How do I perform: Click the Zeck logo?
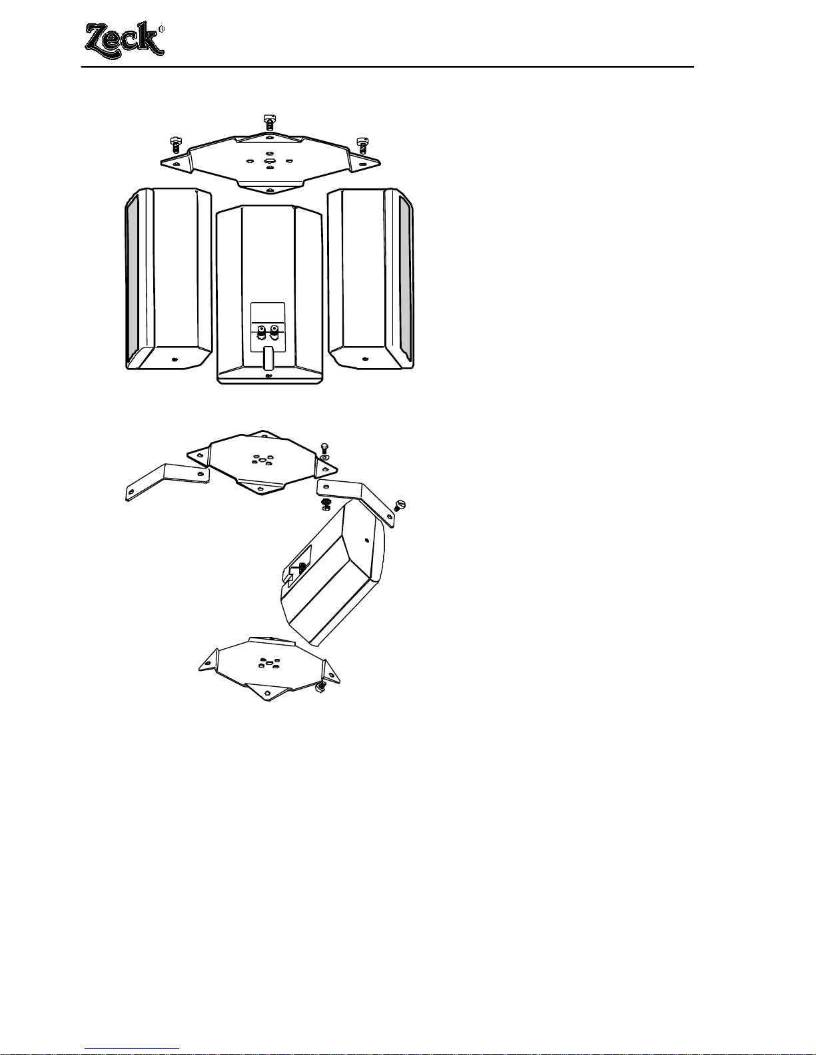coord(125,40)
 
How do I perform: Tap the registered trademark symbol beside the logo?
coord(162,29)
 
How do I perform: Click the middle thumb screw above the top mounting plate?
coord(270,121)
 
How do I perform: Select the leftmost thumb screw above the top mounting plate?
coord(175,144)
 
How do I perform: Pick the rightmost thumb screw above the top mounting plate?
coord(362,144)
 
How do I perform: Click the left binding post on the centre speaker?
coord(261,333)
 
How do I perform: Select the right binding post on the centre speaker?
coord(274,333)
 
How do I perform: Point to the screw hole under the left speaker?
coord(175,359)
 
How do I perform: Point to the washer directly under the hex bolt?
coord(324,457)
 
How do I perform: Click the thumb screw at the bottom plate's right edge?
coord(320,686)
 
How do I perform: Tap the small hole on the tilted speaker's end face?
coord(367,539)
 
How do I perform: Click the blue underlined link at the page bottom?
coord(132,1050)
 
